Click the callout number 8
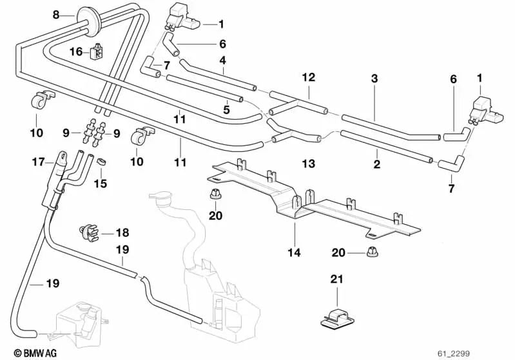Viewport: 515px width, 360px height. pyautogui.click(x=55, y=15)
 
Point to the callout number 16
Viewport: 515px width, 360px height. pyautogui.click(x=76, y=52)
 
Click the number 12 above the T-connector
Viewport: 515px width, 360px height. pyautogui.click(x=309, y=77)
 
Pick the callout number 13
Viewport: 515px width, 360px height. pyautogui.click(x=309, y=164)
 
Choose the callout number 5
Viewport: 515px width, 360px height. pyautogui.click(x=226, y=110)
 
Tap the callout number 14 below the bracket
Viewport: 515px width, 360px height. pyautogui.click(x=294, y=253)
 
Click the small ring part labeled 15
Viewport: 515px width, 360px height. pyautogui.click(x=101, y=160)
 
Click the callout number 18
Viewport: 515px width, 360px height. pyautogui.click(x=122, y=232)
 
